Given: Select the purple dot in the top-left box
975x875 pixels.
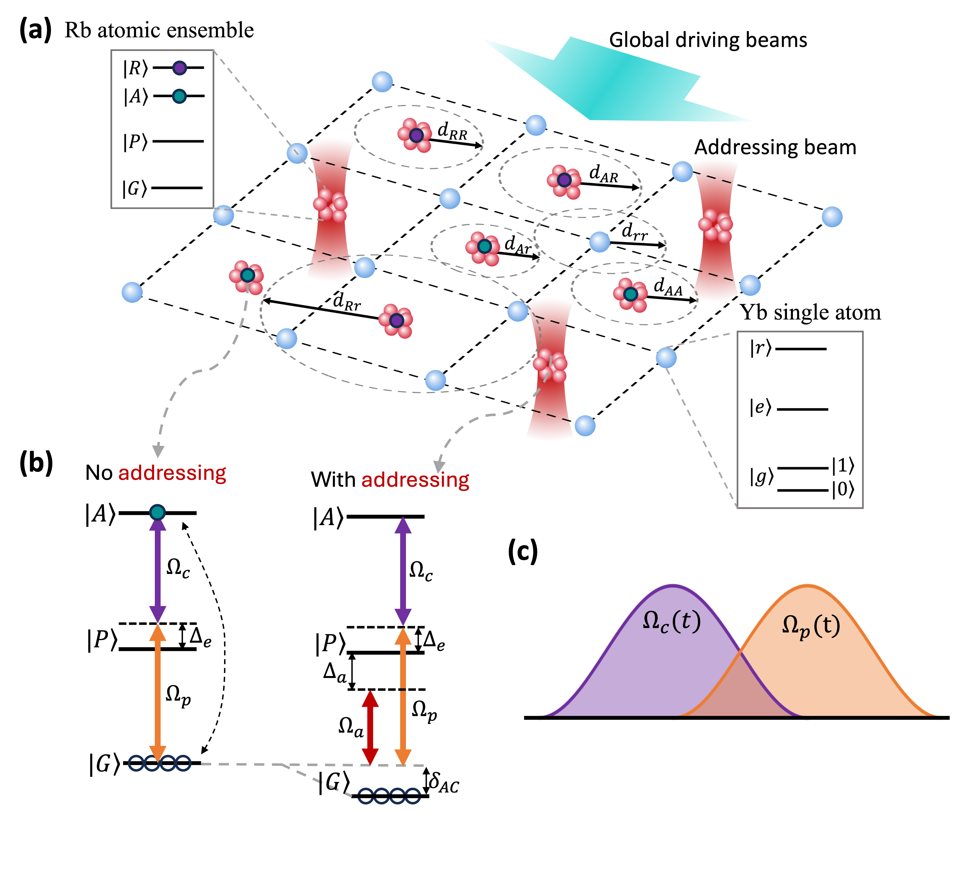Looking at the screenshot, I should (179, 68).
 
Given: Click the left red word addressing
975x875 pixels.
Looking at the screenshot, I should (172, 473).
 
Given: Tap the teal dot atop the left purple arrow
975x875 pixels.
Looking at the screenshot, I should (158, 512).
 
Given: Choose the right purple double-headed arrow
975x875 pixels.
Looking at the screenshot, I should (403, 571).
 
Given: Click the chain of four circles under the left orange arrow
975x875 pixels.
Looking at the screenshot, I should (160, 763).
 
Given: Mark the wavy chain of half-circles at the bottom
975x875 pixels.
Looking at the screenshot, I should (389, 796).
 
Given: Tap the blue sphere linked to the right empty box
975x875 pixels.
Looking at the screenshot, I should (666, 358).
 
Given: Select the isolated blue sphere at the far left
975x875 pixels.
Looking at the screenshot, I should (132, 292).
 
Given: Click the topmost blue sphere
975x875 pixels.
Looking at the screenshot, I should (382, 82).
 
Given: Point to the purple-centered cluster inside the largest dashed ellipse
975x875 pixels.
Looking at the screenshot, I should (396, 321).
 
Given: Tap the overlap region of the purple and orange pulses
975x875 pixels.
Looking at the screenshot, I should (740, 692).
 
